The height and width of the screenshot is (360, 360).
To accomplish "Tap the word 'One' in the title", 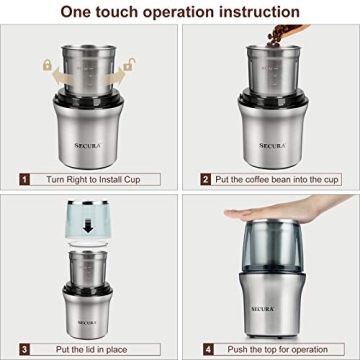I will tap(79, 12).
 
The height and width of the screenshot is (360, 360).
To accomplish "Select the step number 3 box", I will tap(22, 348).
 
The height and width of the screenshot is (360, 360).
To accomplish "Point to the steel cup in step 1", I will tap(90, 70).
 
